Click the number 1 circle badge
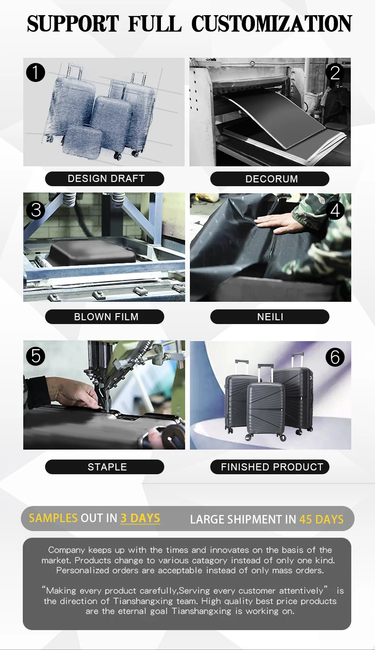point(36,72)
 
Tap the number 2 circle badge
point(335,72)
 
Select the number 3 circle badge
point(36,210)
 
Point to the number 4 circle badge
point(335,210)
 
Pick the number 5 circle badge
point(36,356)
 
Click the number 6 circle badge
point(335,357)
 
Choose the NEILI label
point(270,316)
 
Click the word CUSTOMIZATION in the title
point(272,24)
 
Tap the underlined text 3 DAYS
point(140,518)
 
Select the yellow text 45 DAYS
point(321,519)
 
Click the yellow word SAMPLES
point(53,518)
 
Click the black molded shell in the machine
point(93,253)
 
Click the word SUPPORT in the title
point(73,24)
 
